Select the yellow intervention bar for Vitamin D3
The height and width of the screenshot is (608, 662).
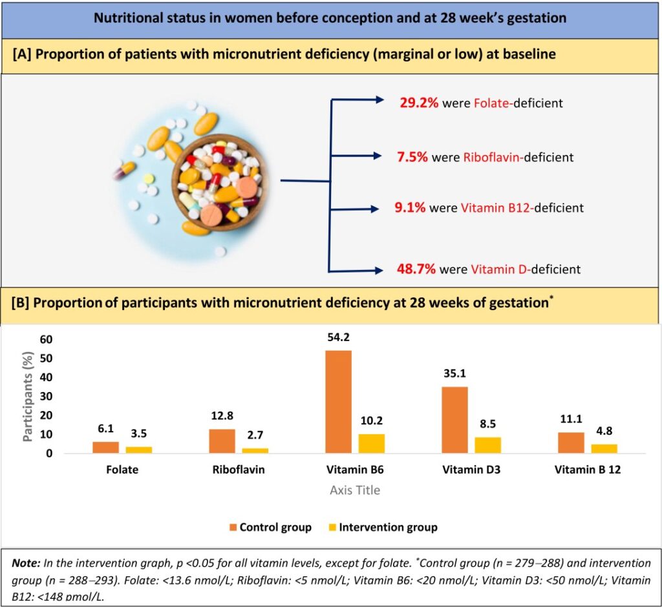click(488, 445)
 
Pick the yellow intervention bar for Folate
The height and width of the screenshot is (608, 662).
click(139, 450)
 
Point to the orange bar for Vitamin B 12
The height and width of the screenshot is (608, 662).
click(571, 443)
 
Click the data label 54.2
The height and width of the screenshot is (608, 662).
click(339, 337)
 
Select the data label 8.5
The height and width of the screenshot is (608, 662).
click(488, 425)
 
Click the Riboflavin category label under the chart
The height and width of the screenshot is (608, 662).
click(239, 470)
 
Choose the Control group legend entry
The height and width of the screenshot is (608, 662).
click(270, 527)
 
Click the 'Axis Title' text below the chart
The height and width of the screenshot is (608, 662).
click(355, 490)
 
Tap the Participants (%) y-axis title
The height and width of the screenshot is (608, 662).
click(28, 396)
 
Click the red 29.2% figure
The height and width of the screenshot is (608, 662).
click(420, 102)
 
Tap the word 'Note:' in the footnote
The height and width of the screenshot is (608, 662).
click(28, 563)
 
